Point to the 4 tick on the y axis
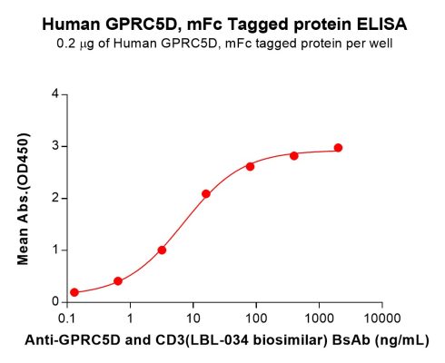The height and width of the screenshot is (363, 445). pos(55,93)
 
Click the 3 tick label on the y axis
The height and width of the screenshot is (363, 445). pos(55,146)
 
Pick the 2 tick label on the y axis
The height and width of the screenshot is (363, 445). pos(55,198)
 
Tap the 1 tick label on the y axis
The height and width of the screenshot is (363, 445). pos(55,250)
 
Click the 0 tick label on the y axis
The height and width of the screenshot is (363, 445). pos(55,301)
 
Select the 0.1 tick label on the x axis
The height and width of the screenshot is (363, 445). pos(67,319)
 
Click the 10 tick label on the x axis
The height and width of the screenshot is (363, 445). pos(193,319)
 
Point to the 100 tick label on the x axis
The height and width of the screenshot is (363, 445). pos(256,319)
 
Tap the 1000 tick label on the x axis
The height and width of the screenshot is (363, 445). pos(319,319)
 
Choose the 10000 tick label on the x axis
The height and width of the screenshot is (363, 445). pos(381,319)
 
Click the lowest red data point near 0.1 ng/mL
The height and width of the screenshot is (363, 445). pos(74,292)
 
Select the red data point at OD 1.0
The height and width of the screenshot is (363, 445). pos(162,250)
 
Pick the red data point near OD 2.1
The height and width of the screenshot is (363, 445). pos(206,193)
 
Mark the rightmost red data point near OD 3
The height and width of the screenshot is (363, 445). pos(338,147)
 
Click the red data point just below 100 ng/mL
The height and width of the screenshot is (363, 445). pos(250,166)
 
